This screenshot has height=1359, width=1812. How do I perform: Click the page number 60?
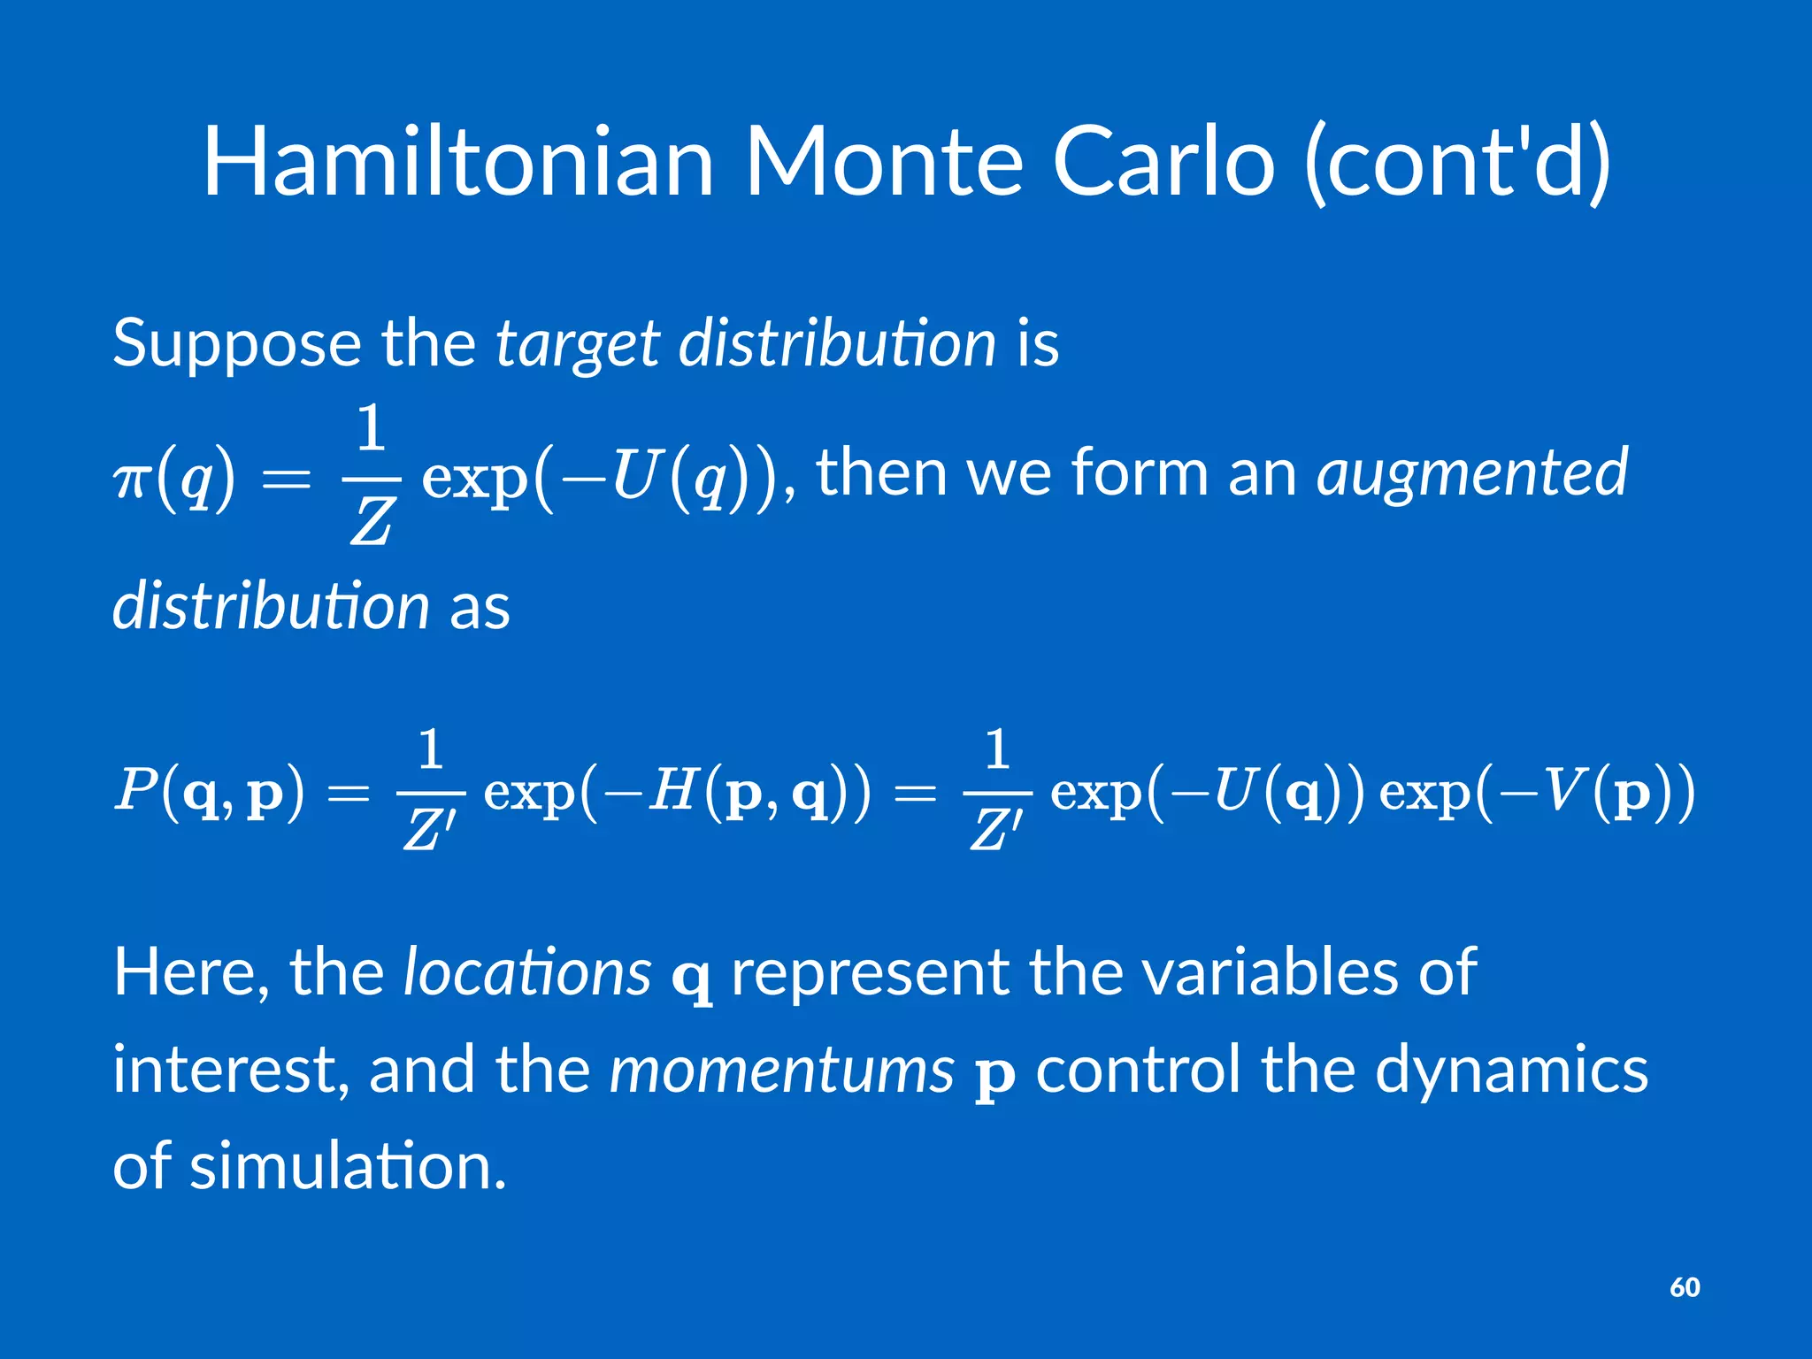[1685, 1286]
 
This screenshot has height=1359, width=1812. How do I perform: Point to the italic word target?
[577, 345]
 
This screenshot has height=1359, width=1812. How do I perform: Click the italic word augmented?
[1472, 474]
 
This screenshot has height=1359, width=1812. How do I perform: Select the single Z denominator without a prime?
[371, 522]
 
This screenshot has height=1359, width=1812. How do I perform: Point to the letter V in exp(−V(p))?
[1565, 789]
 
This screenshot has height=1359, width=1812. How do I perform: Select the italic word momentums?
[782, 1070]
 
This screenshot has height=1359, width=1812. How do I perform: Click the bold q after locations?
[691, 978]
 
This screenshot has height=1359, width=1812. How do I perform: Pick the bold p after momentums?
[994, 1074]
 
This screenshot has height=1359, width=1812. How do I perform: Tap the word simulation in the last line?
[348, 1166]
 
